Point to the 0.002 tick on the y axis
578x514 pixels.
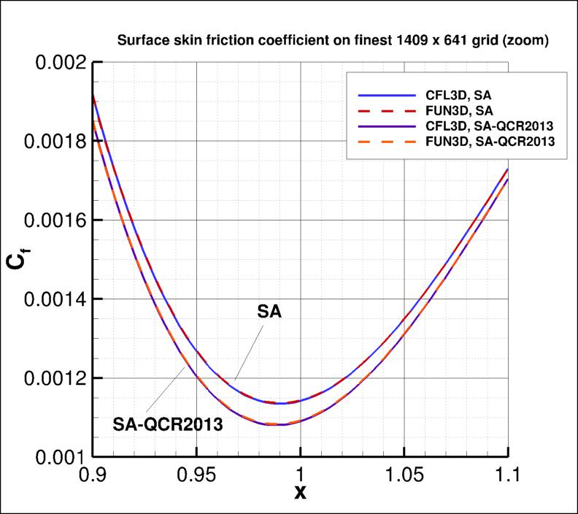tap(56, 62)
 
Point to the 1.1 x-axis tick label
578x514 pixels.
tap(508, 475)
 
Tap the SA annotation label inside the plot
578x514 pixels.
tap(269, 312)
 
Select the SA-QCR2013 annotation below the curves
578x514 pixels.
tap(167, 423)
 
